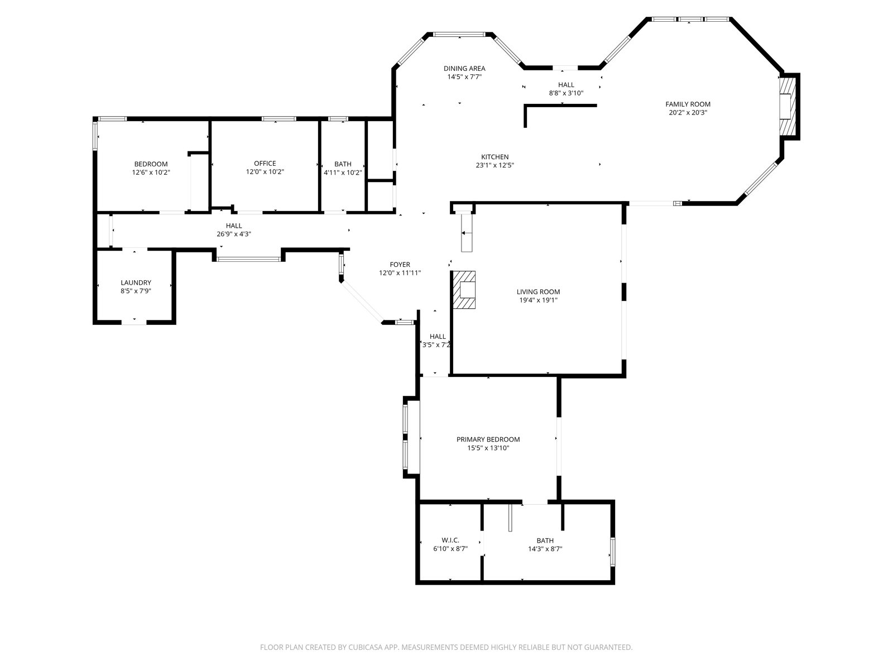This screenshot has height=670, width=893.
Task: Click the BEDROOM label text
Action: pos(151,164)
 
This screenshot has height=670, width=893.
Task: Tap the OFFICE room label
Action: pos(265,164)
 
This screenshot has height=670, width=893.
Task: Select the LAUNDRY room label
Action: pos(136,283)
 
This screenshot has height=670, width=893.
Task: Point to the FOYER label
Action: pos(400,265)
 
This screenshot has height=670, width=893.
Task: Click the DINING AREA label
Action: pos(464,69)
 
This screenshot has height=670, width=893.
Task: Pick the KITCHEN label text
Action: pos(494,157)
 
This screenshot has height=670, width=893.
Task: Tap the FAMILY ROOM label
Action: pos(688,104)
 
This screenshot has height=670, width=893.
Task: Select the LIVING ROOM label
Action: pos(538,292)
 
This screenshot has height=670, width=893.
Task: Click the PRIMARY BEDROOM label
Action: pos(488,439)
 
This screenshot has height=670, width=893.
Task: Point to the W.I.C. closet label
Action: pos(450,540)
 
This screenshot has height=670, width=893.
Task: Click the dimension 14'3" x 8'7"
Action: pos(545,549)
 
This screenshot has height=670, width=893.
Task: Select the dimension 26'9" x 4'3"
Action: pos(234,234)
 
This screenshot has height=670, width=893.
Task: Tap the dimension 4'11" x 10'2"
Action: pos(343,173)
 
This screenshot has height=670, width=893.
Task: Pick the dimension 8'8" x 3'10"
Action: pos(566,93)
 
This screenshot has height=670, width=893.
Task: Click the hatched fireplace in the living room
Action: pos(464,290)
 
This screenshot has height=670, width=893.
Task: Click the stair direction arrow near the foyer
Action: pos(466,233)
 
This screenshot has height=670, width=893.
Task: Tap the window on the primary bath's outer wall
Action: pos(612,552)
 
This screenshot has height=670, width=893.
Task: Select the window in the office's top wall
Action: pos(279,119)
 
